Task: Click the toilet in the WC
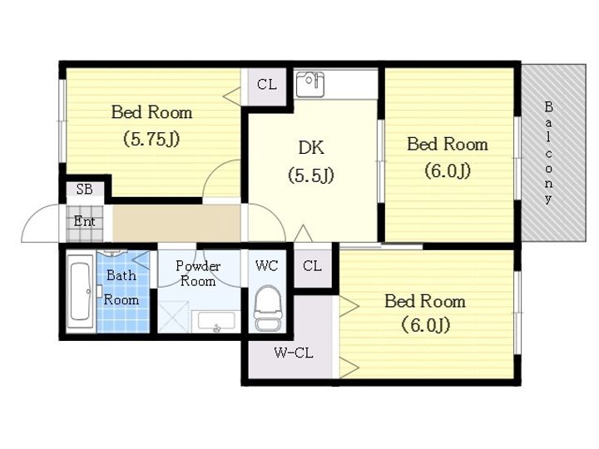click(267, 308)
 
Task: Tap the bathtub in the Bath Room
click(81, 291)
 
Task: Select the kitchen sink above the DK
click(310, 84)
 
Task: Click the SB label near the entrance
click(84, 189)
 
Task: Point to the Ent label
click(84, 221)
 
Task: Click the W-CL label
click(294, 353)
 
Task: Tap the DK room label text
click(311, 147)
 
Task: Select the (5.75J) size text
click(151, 139)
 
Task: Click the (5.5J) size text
click(311, 175)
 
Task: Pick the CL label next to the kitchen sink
click(267, 84)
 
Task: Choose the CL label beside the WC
click(312, 266)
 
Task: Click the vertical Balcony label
click(548, 152)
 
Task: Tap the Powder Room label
click(198, 274)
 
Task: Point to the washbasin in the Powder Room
click(216, 321)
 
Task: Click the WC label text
click(267, 265)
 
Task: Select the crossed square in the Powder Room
click(174, 317)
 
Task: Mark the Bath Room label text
click(121, 288)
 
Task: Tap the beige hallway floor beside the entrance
click(176, 223)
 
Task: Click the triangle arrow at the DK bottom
click(303, 234)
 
